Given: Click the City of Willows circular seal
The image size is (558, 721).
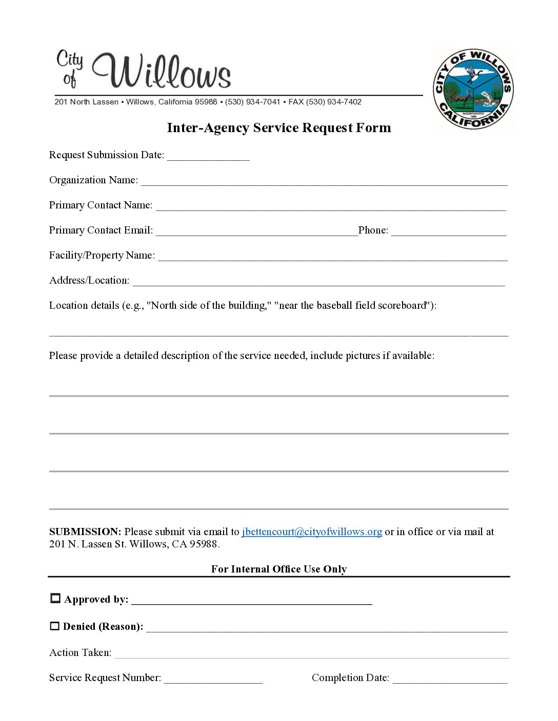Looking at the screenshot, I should tap(473, 89).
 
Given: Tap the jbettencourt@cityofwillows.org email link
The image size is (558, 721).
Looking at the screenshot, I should tap(312, 532).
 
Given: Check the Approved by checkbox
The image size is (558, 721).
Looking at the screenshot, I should tap(55, 598).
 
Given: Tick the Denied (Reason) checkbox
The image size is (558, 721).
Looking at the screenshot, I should tap(54, 626).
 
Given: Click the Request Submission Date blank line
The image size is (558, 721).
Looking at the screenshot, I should tap(208, 156).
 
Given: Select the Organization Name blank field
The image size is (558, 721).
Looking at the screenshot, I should tap(324, 181).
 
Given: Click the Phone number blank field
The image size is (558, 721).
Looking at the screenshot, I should tap(449, 231).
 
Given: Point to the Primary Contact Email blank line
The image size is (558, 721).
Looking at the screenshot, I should tap(256, 231).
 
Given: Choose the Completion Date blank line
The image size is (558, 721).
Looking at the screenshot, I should tap(450, 679).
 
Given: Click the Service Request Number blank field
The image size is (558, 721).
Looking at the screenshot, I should tap(213, 679).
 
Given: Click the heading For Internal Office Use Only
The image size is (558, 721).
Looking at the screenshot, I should tap(279, 569).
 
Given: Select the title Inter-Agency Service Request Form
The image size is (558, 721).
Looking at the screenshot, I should tap(279, 128).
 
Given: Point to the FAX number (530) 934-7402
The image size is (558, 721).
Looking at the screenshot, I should tap(334, 102).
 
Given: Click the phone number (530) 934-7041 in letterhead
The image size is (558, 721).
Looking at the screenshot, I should tap(253, 102).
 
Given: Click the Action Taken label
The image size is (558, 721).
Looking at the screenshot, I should tap(80, 653).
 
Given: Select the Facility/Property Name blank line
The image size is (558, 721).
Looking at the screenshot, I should tap(332, 257).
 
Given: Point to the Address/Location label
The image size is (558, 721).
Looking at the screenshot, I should tap(89, 281).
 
